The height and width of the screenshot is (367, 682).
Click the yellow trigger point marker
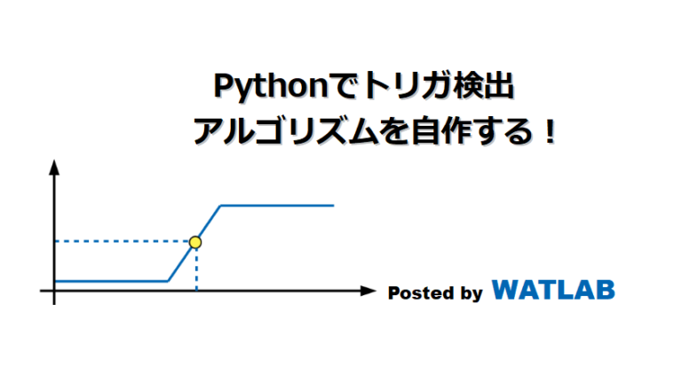pyautogui.click(x=195, y=241)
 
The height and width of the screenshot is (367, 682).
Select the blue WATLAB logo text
pyautogui.click(x=552, y=290)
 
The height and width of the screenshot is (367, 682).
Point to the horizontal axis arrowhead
pyautogui.click(x=367, y=290)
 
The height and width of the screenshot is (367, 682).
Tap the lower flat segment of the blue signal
pyautogui.click(x=111, y=281)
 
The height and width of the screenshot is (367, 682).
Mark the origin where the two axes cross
pyautogui.click(x=55, y=290)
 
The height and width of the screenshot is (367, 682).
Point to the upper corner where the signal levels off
pyautogui.click(x=221, y=206)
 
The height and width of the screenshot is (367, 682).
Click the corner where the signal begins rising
pyautogui.click(x=168, y=281)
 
